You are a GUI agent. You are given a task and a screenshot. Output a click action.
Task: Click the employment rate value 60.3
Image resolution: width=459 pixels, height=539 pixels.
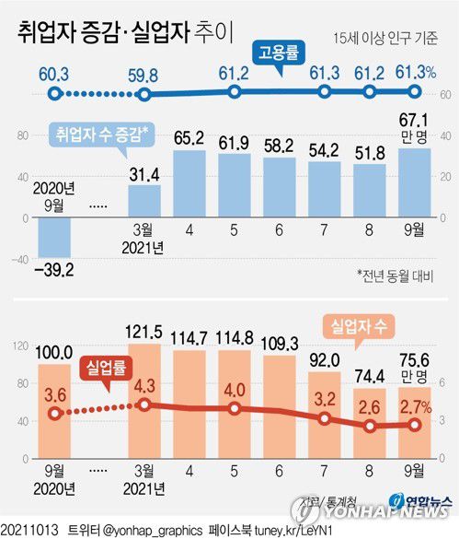click(x=54, y=72)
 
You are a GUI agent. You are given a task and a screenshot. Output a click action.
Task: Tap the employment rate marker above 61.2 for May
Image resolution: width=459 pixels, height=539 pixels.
click(x=235, y=92)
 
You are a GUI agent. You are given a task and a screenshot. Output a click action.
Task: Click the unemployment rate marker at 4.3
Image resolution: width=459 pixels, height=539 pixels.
click(x=145, y=404)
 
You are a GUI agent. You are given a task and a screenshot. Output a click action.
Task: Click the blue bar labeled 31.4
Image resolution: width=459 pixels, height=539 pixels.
click(x=144, y=200)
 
